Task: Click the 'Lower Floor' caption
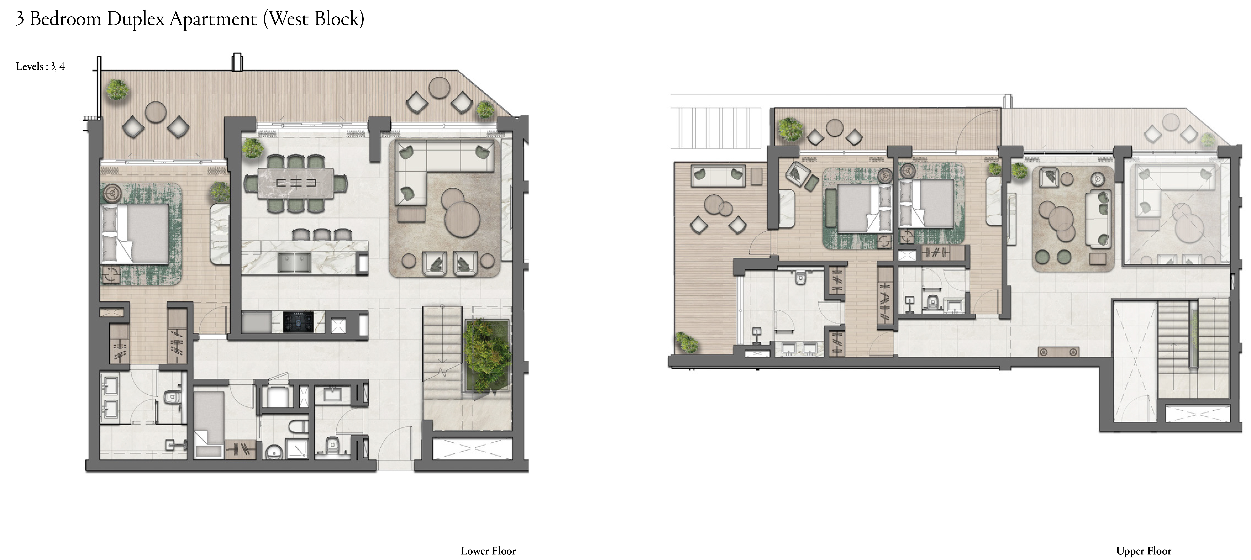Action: point(488,551)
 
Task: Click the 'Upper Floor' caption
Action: point(1144,551)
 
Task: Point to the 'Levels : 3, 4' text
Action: point(40,66)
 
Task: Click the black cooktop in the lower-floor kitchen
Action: point(298,322)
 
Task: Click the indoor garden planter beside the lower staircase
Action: point(487,355)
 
